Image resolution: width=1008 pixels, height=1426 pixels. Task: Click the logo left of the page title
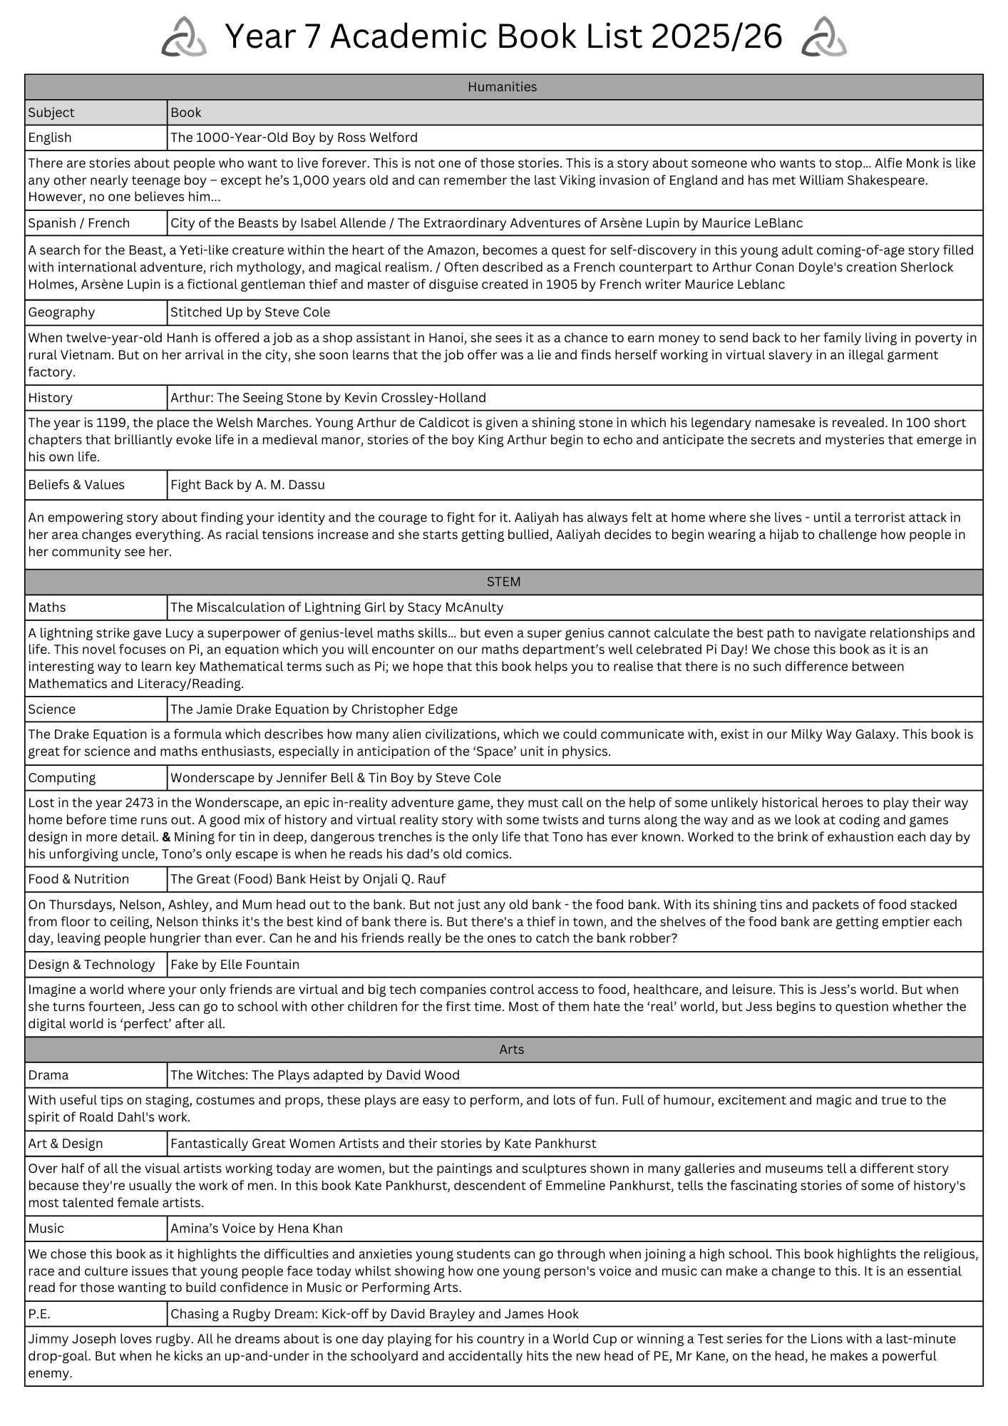click(184, 37)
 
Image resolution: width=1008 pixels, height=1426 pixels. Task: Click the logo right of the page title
click(824, 37)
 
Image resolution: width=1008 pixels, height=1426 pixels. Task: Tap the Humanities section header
click(503, 87)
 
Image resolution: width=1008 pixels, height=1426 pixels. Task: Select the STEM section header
click(503, 582)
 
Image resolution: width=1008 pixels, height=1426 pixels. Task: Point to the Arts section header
click(511, 1050)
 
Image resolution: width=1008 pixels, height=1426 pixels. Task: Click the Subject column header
click(51, 113)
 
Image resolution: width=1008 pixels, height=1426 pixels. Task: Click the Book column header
click(186, 113)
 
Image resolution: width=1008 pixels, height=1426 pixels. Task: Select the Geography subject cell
click(61, 312)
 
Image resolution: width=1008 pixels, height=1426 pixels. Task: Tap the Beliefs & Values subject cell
click(76, 485)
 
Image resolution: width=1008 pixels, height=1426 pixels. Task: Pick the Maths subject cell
click(47, 607)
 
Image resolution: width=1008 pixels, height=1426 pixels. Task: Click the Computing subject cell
click(62, 778)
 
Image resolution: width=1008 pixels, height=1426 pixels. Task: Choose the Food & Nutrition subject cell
click(78, 879)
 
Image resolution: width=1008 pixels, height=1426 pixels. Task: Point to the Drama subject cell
click(48, 1075)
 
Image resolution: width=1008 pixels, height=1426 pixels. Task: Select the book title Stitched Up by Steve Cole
click(250, 312)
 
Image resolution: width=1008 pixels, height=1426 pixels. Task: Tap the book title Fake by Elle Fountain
click(235, 965)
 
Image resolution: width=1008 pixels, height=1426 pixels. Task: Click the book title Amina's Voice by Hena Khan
click(256, 1228)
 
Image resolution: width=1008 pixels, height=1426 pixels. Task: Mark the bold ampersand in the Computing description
click(166, 837)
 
